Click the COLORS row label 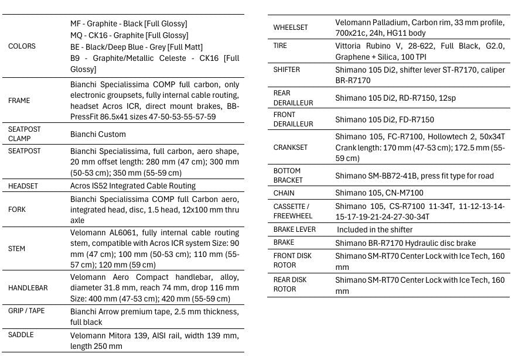click(22, 46)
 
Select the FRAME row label click(19, 100)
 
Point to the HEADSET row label click(23, 186)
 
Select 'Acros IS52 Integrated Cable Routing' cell click(132, 186)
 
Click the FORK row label click(17, 210)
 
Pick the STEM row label click(16, 249)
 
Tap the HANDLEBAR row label click(28, 288)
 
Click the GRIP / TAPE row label click(26, 311)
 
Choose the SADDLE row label click(21, 335)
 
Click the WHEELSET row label click(290, 28)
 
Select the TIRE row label click(280, 46)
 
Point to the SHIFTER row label click(287, 70)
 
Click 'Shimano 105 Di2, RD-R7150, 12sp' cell click(395, 98)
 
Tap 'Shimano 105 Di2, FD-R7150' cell click(384, 119)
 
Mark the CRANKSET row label click(290, 148)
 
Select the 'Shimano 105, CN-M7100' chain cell click(379, 193)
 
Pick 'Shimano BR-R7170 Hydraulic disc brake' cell click(405, 243)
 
